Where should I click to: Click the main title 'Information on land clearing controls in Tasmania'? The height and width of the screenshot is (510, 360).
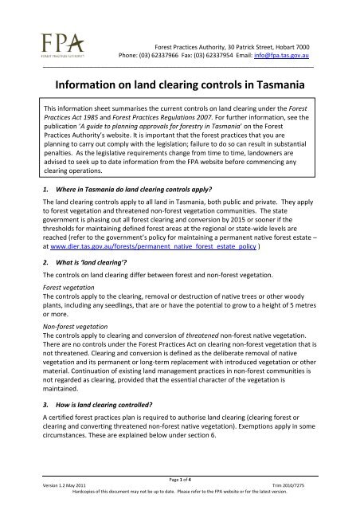point(179,85)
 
